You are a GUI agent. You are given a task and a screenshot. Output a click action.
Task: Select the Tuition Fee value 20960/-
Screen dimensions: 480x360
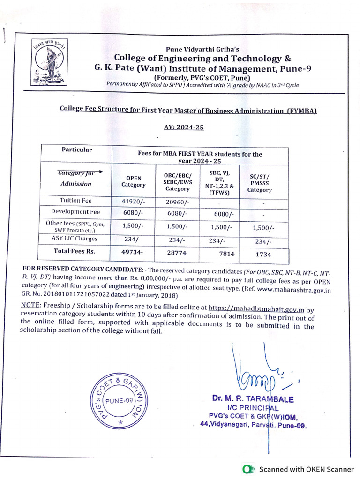pyautogui.click(x=176, y=201)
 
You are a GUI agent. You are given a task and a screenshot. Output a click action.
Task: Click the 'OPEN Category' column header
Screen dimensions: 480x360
pyautogui.click(x=134, y=181)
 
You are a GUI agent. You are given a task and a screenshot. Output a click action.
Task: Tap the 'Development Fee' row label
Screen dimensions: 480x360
pyautogui.click(x=76, y=211)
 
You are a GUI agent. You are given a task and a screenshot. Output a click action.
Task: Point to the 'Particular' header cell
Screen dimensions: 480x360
pyautogui.click(x=76, y=150)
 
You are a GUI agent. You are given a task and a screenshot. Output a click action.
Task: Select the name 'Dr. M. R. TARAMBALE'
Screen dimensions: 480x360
pyautogui.click(x=253, y=399)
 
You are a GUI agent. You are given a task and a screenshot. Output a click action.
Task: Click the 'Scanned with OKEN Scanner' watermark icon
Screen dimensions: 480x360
pyautogui.click(x=247, y=469)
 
